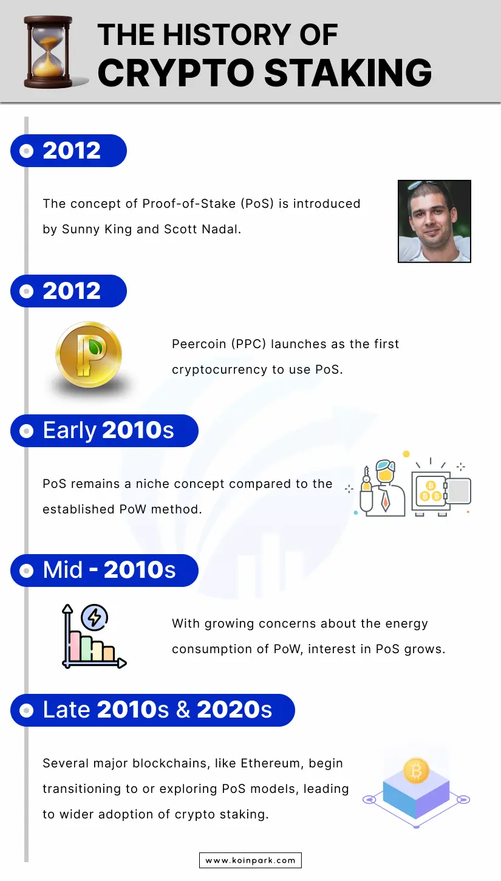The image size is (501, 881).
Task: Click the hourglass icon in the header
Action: [48, 52]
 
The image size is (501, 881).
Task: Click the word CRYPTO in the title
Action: [176, 73]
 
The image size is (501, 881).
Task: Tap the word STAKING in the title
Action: [348, 73]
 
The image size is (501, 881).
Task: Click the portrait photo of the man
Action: [434, 221]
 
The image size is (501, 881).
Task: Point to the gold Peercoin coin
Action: [89, 354]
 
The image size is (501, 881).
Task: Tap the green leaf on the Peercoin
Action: [95, 346]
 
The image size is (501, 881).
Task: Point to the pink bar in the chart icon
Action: [75, 646]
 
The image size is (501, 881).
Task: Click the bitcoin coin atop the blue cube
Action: [416, 770]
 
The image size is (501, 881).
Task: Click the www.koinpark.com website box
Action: [250, 860]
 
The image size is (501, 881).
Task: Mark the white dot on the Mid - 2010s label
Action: [26, 571]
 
